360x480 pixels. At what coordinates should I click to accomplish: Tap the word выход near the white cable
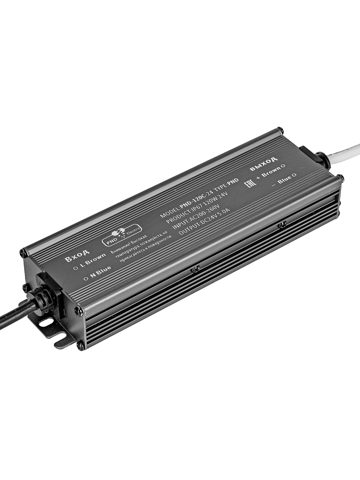click(264, 163)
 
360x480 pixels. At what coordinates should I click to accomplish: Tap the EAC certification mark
click(250, 183)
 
